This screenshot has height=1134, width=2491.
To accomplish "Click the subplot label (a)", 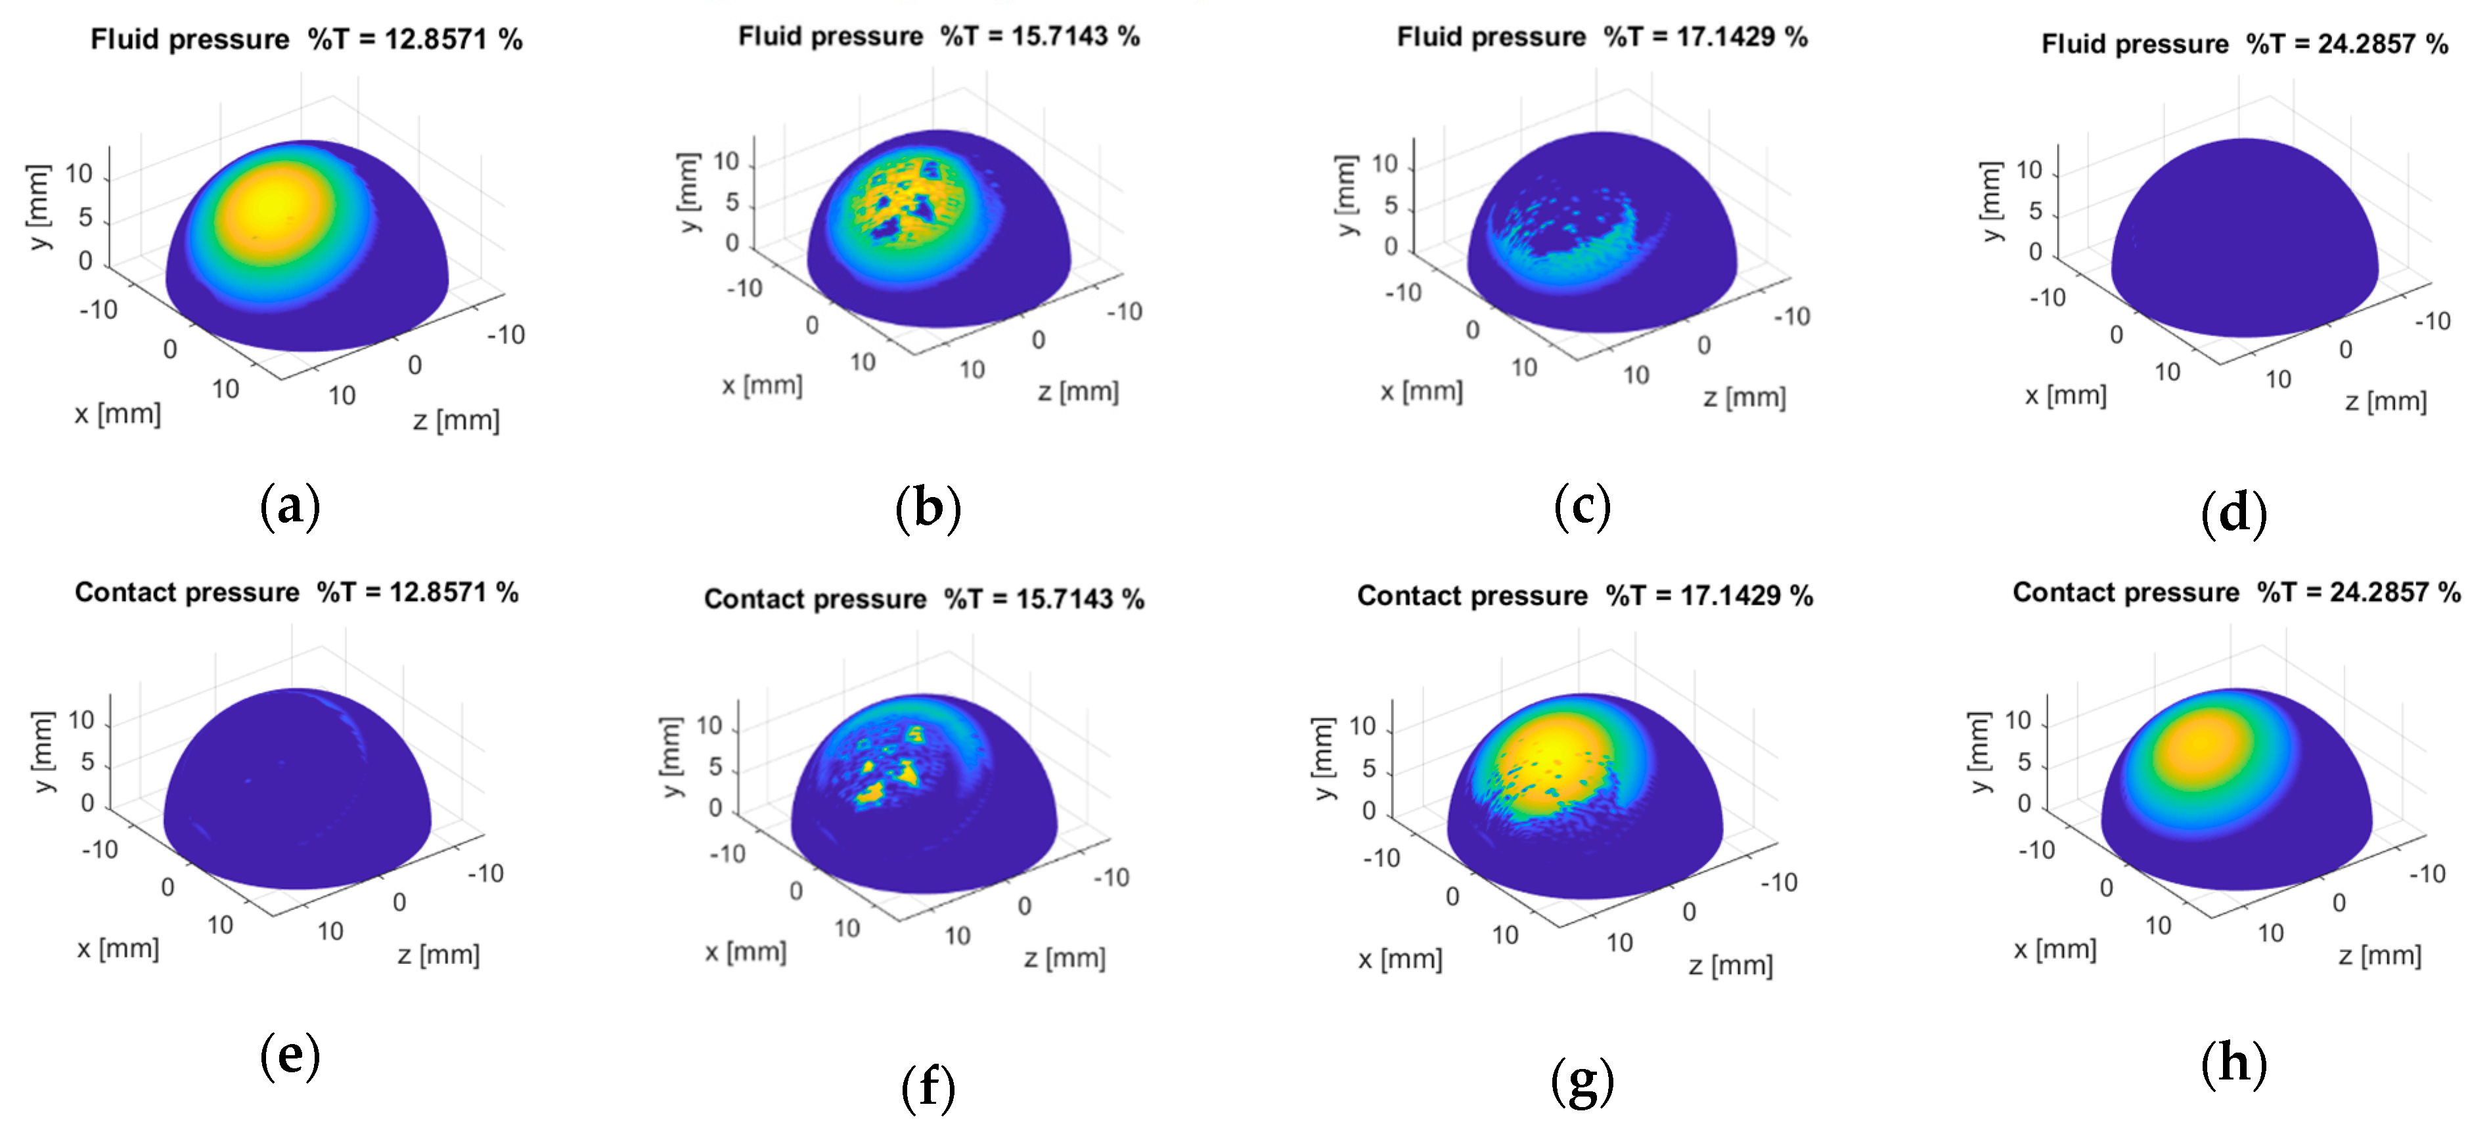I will point(290,506).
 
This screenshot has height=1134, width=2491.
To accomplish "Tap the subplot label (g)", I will point(1582,1081).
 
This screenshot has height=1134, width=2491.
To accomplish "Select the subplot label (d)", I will point(2233,512).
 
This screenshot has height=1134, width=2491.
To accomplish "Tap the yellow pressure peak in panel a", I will point(273,208).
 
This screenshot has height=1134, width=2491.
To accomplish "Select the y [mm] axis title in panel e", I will point(43,752).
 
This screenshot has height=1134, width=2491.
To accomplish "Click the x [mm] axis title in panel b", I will point(762,385).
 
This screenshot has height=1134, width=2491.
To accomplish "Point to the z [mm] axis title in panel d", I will point(2386,401).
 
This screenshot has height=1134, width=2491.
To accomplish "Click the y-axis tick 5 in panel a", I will point(86,217).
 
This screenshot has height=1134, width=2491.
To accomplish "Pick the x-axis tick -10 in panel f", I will point(727,854).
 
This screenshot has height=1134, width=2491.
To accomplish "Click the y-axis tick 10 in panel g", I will point(1362,726).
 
